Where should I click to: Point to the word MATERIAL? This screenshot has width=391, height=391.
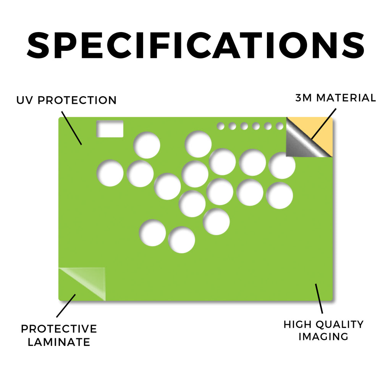point(346,98)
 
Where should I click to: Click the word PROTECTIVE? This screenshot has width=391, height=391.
point(59,329)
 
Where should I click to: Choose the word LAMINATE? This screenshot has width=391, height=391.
point(59,342)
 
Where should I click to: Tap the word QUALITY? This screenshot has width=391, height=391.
point(339,325)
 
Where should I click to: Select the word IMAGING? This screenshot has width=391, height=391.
point(323,337)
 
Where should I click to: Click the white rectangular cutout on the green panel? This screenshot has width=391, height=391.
point(110,129)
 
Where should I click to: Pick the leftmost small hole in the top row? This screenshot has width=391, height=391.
point(221,126)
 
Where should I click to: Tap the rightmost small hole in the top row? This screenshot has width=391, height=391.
point(280,126)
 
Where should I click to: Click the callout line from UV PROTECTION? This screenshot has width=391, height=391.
point(71,128)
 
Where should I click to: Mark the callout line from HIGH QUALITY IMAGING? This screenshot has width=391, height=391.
point(319,299)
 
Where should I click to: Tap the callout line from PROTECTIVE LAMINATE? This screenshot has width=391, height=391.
point(66,306)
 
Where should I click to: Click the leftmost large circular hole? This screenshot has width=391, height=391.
point(110,173)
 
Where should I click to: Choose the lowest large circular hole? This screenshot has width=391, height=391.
point(181,240)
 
